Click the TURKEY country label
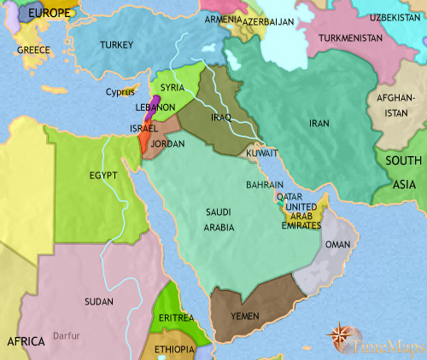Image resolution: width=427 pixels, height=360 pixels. [x=116, y=44]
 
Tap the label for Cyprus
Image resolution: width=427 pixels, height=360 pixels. [x=120, y=91]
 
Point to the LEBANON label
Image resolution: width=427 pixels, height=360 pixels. [x=155, y=107]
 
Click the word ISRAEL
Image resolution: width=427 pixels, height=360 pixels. [x=143, y=127]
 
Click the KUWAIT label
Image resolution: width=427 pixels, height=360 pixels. [x=261, y=154]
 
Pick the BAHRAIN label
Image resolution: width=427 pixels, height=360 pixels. [x=266, y=184]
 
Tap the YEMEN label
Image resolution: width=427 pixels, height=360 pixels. [x=245, y=316]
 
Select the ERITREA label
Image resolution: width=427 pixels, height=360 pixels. [x=176, y=316]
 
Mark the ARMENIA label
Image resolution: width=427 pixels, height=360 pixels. [x=220, y=19]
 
